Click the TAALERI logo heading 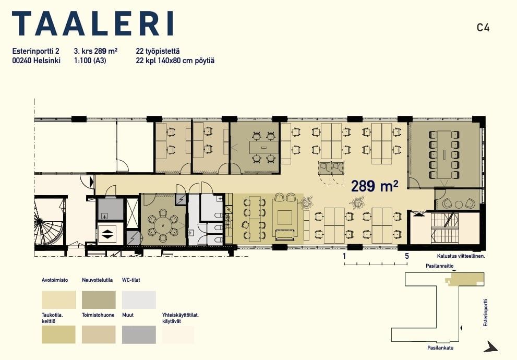[x=93, y=23]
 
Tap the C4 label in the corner [x=483, y=27]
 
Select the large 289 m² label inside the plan [x=375, y=186]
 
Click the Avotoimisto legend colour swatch [x=58, y=299]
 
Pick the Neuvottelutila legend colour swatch [x=99, y=299]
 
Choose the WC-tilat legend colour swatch [x=139, y=299]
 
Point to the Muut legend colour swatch [x=139, y=334]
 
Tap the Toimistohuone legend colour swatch [x=99, y=334]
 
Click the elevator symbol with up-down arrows [x=107, y=234]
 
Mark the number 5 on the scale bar [x=407, y=256]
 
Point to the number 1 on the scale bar [x=344, y=256]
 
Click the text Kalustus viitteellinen [x=461, y=256]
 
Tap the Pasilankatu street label [x=440, y=347]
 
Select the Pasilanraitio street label [x=439, y=266]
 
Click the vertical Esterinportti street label [x=485, y=313]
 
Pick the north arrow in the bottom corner [x=491, y=346]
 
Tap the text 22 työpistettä [x=158, y=51]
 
